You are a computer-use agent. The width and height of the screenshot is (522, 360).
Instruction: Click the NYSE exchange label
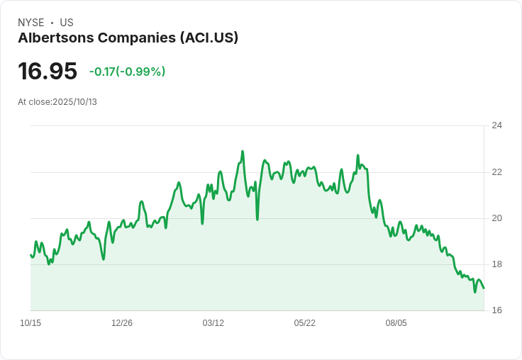point(30,23)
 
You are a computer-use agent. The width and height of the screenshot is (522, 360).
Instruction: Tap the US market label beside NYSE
point(67,23)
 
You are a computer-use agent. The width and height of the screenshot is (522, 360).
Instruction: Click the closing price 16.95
point(48,71)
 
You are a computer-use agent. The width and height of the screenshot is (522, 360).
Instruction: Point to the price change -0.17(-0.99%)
point(127,72)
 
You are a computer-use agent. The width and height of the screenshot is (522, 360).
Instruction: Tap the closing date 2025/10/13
point(74,102)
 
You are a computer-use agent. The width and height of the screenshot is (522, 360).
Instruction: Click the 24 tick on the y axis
point(496,125)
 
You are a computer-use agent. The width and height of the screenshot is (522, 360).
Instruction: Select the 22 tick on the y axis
point(496,172)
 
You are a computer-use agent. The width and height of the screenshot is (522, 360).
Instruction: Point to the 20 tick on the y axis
point(496,218)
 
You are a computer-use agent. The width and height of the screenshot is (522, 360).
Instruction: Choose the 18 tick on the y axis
point(496,264)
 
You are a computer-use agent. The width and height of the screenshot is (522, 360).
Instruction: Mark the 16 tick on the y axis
point(496,310)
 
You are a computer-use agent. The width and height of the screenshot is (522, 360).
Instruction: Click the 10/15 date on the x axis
point(30,323)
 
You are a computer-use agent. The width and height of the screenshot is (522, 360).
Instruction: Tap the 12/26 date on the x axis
point(122,323)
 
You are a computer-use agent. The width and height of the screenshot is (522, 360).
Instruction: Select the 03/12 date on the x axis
point(213,323)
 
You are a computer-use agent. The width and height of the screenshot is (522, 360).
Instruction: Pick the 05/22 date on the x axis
point(305,323)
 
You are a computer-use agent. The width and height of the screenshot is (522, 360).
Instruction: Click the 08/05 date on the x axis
point(396,323)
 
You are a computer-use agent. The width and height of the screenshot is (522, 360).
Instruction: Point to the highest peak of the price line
point(243,151)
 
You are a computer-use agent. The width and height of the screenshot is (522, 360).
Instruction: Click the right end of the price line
point(484,288)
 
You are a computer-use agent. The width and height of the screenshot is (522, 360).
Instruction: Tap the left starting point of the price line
point(30,254)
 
